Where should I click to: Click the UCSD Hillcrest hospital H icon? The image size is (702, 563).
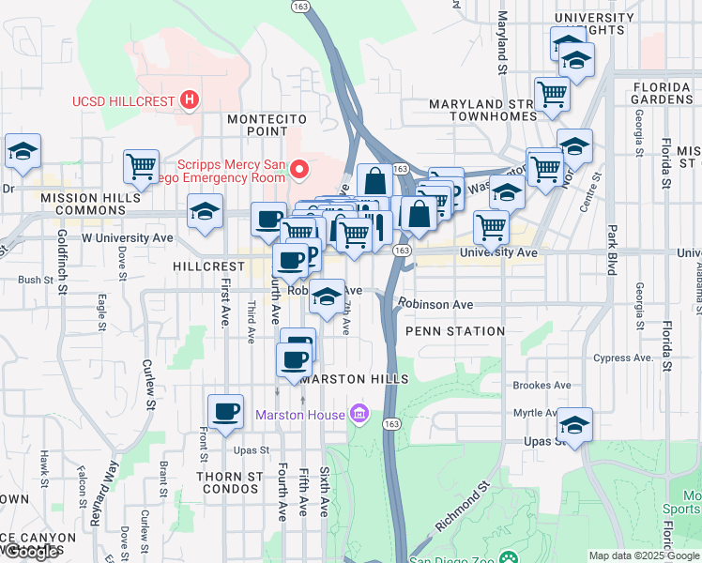point(191,99)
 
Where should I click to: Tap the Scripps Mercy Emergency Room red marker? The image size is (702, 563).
point(299,169)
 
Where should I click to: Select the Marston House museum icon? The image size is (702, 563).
point(358,413)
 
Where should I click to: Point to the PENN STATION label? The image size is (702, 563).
point(455,331)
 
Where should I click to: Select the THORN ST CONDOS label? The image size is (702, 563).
point(229,482)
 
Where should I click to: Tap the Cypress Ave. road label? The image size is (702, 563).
point(622,358)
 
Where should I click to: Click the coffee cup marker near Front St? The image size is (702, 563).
point(225,410)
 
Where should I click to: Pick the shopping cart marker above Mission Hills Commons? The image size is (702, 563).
point(141,166)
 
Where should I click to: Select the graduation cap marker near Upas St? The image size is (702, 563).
point(574,424)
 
